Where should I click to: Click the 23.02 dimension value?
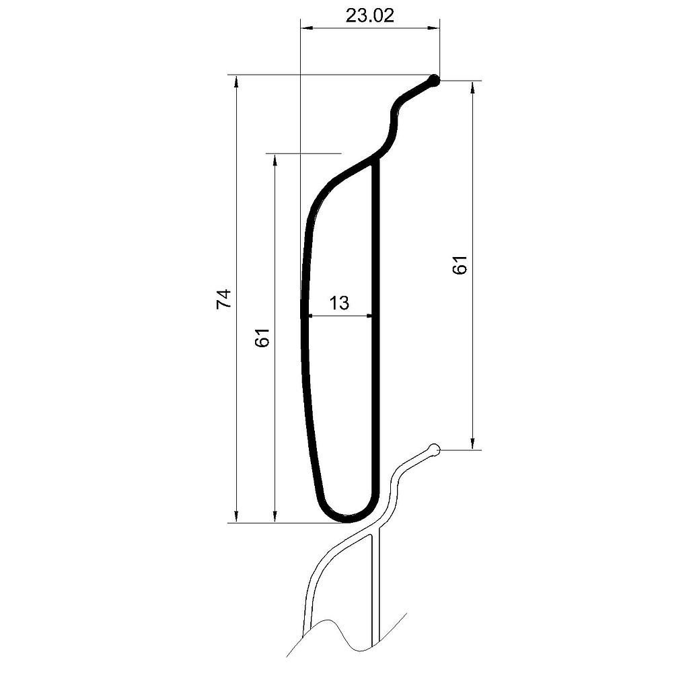(x=369, y=16)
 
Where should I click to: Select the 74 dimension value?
(x=223, y=299)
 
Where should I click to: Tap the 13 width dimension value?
(x=339, y=303)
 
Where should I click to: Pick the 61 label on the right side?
(x=460, y=265)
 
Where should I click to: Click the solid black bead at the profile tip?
(x=434, y=81)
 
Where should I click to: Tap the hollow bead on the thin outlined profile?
(x=434, y=449)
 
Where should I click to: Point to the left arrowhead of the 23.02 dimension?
(x=306, y=28)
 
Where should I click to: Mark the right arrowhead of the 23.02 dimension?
(x=434, y=28)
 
